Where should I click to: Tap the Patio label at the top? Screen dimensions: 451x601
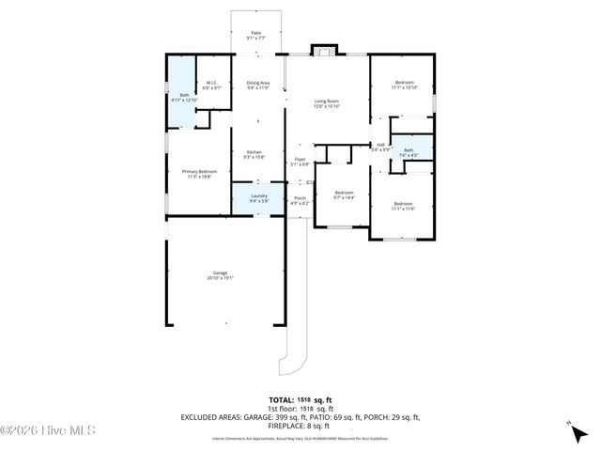255,35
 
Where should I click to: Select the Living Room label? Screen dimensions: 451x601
327,103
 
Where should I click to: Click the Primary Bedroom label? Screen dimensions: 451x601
199,173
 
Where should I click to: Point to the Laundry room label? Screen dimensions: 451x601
259,198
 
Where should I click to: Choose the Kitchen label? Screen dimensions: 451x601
254,154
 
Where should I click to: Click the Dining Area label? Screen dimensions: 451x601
258,86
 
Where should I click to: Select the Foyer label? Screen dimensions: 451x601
300,162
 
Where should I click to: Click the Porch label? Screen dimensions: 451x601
300,200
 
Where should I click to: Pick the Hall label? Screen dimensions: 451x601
380,147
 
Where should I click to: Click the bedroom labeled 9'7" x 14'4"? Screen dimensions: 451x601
345,194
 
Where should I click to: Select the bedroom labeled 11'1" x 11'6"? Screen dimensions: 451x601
403,206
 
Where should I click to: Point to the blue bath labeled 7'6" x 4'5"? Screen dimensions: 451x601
408,152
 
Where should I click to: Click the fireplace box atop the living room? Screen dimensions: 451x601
323,51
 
